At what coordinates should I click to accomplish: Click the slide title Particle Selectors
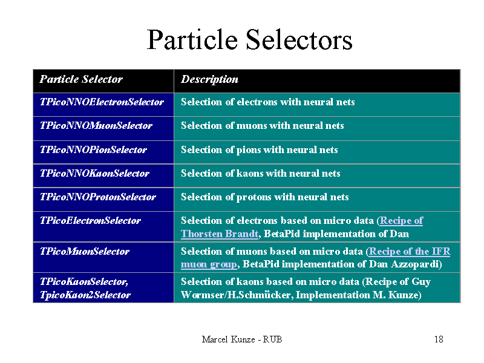[249, 39]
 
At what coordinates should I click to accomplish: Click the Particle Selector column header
[81, 79]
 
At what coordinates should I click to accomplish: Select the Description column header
[209, 79]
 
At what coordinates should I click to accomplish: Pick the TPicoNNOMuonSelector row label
[96, 126]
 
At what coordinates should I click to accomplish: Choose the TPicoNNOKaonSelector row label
[94, 174]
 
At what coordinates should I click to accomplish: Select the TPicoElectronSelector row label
[90, 221]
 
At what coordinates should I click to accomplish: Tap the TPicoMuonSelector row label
[85, 252]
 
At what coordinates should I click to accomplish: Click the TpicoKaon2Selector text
[85, 295]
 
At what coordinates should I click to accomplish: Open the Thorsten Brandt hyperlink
[220, 234]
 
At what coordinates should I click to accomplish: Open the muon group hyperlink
[209, 264]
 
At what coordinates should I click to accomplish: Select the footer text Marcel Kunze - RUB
[242, 339]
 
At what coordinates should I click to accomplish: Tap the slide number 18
[439, 339]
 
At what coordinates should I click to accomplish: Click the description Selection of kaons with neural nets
[261, 174]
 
